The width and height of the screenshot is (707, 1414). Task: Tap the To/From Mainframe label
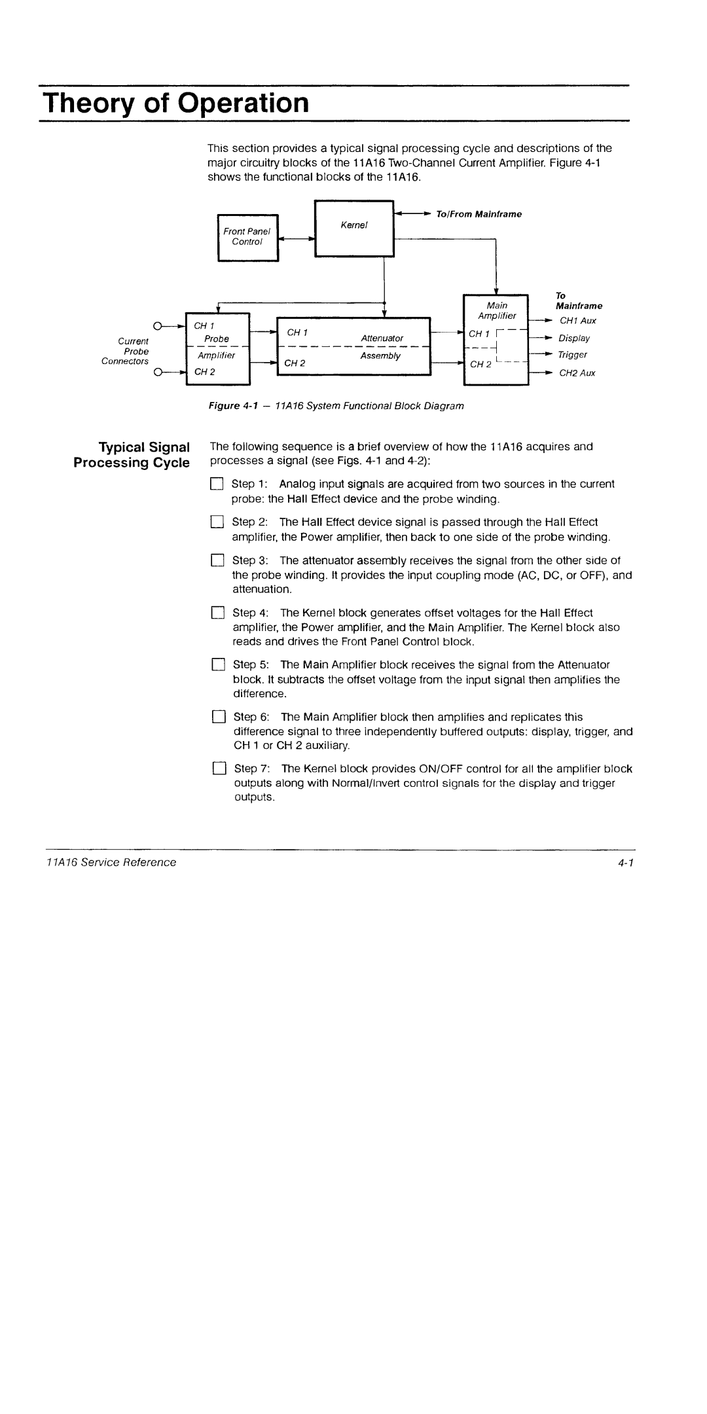click(x=479, y=214)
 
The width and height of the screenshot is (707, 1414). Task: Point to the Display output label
click(x=573, y=338)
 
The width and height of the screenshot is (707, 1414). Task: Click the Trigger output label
click(x=572, y=355)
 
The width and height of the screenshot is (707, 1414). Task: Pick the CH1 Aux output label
click(x=577, y=321)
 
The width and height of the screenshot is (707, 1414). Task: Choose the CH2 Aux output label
click(x=577, y=373)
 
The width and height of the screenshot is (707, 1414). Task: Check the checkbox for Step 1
click(x=217, y=484)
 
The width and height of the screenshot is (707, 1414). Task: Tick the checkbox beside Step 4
click(x=217, y=613)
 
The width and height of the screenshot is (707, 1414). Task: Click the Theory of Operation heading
click(x=175, y=103)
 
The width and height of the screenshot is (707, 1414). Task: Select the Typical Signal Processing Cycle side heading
click(x=132, y=455)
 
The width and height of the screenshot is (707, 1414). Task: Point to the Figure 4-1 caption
click(x=336, y=406)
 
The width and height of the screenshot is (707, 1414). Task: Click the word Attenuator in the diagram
click(x=382, y=338)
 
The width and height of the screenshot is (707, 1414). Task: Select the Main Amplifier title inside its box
click(x=498, y=310)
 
